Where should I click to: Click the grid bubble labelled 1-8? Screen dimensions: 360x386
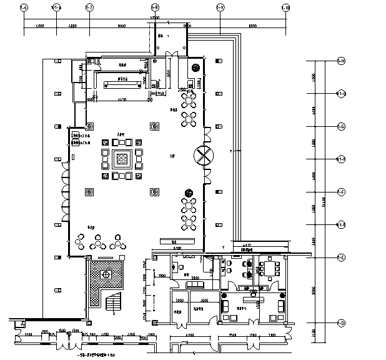click(154, 7)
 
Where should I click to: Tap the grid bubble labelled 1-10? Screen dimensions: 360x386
click(285, 7)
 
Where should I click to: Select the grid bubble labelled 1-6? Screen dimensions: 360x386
click(24, 7)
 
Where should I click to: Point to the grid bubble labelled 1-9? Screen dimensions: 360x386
click(220, 7)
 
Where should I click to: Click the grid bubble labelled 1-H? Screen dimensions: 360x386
click(341, 61)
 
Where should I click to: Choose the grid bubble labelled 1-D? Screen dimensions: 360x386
click(341, 323)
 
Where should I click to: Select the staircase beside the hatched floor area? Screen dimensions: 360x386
click(114, 304)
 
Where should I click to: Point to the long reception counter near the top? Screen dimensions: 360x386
click(119, 79)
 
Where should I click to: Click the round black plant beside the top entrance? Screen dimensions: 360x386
click(196, 68)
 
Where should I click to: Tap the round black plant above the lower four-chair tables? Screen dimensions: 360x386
click(187, 192)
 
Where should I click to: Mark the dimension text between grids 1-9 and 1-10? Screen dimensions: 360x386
click(252, 26)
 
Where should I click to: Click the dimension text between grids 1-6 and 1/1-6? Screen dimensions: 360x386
click(39, 26)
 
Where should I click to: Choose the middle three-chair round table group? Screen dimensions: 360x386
click(99, 240)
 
